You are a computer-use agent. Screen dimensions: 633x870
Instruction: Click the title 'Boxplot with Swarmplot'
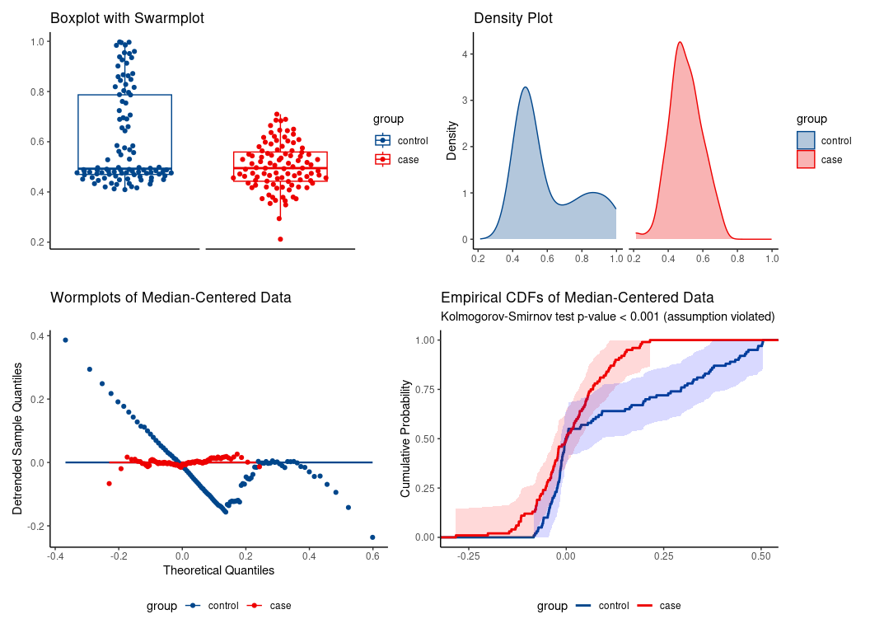point(127,18)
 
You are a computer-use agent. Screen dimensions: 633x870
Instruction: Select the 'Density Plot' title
point(512,18)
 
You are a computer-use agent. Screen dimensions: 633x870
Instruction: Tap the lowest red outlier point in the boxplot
point(280,239)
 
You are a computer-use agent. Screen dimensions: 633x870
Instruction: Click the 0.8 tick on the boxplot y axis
point(39,91)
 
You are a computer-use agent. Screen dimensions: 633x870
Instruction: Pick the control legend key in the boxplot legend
point(381,140)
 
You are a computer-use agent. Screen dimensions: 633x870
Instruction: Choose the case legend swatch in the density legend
point(806,159)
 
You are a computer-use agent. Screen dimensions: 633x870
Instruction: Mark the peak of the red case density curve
point(680,42)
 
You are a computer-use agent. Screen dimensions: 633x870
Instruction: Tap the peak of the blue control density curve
point(525,87)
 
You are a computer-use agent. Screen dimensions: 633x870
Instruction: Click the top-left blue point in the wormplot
point(65,340)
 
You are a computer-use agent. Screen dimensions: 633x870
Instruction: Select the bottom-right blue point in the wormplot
point(372,537)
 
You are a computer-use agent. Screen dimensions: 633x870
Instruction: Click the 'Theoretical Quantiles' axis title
point(218,570)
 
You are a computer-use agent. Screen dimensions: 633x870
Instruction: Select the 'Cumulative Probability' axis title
point(405,438)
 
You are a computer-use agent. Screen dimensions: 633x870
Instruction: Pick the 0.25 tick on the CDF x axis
point(662,556)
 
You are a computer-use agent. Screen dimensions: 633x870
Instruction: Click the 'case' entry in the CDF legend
point(670,606)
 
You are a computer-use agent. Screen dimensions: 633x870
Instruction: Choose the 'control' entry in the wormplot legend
point(222,606)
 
